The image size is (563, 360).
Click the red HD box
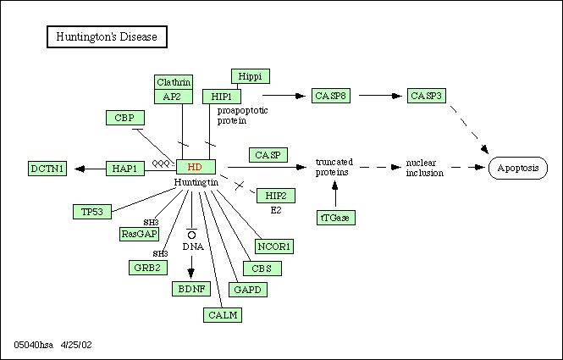pos(196,167)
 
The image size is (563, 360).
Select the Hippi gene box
pos(251,76)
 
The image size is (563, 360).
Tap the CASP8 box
pos(331,96)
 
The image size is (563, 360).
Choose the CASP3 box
pos(427,96)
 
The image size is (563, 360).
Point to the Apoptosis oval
pos(518,168)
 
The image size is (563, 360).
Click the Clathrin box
pos(174,82)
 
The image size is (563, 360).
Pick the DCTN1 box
pos(47,169)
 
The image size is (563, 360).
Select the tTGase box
pos(336,218)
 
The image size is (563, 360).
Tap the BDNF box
pos(191,289)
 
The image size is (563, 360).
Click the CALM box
pos(223,315)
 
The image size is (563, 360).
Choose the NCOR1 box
pos(274,246)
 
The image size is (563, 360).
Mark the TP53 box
pos(92,212)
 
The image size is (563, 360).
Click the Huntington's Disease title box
pos(107,36)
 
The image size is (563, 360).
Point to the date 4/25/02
pos(76,345)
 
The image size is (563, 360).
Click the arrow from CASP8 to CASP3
pos(381,96)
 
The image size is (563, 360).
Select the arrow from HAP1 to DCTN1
pos(91,169)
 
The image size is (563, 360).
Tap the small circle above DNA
pos(191,235)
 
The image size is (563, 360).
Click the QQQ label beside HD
pos(161,163)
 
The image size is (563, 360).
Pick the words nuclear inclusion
pos(425,168)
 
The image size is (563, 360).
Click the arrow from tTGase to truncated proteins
pos(335,194)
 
